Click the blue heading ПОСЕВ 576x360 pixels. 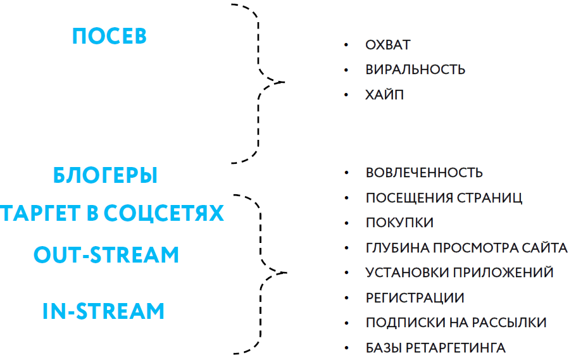(110, 36)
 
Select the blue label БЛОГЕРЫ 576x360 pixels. (106, 175)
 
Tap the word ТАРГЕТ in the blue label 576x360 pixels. (40, 213)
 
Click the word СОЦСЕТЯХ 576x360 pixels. (164, 213)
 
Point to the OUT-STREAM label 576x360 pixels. (106, 254)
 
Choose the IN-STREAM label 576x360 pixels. (104, 311)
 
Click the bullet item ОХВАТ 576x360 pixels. (388, 45)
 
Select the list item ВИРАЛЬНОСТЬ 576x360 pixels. (415, 70)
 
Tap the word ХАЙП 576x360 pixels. (385, 95)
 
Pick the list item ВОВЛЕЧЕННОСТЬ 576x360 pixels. (424, 173)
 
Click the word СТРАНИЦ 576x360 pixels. (489, 198)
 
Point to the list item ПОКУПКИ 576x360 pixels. (399, 223)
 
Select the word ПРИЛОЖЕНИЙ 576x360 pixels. (503, 273)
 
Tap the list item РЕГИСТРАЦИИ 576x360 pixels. (415, 298)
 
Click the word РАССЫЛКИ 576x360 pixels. (509, 323)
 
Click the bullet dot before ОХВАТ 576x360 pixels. (346, 45)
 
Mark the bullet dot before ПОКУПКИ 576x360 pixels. (346, 223)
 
